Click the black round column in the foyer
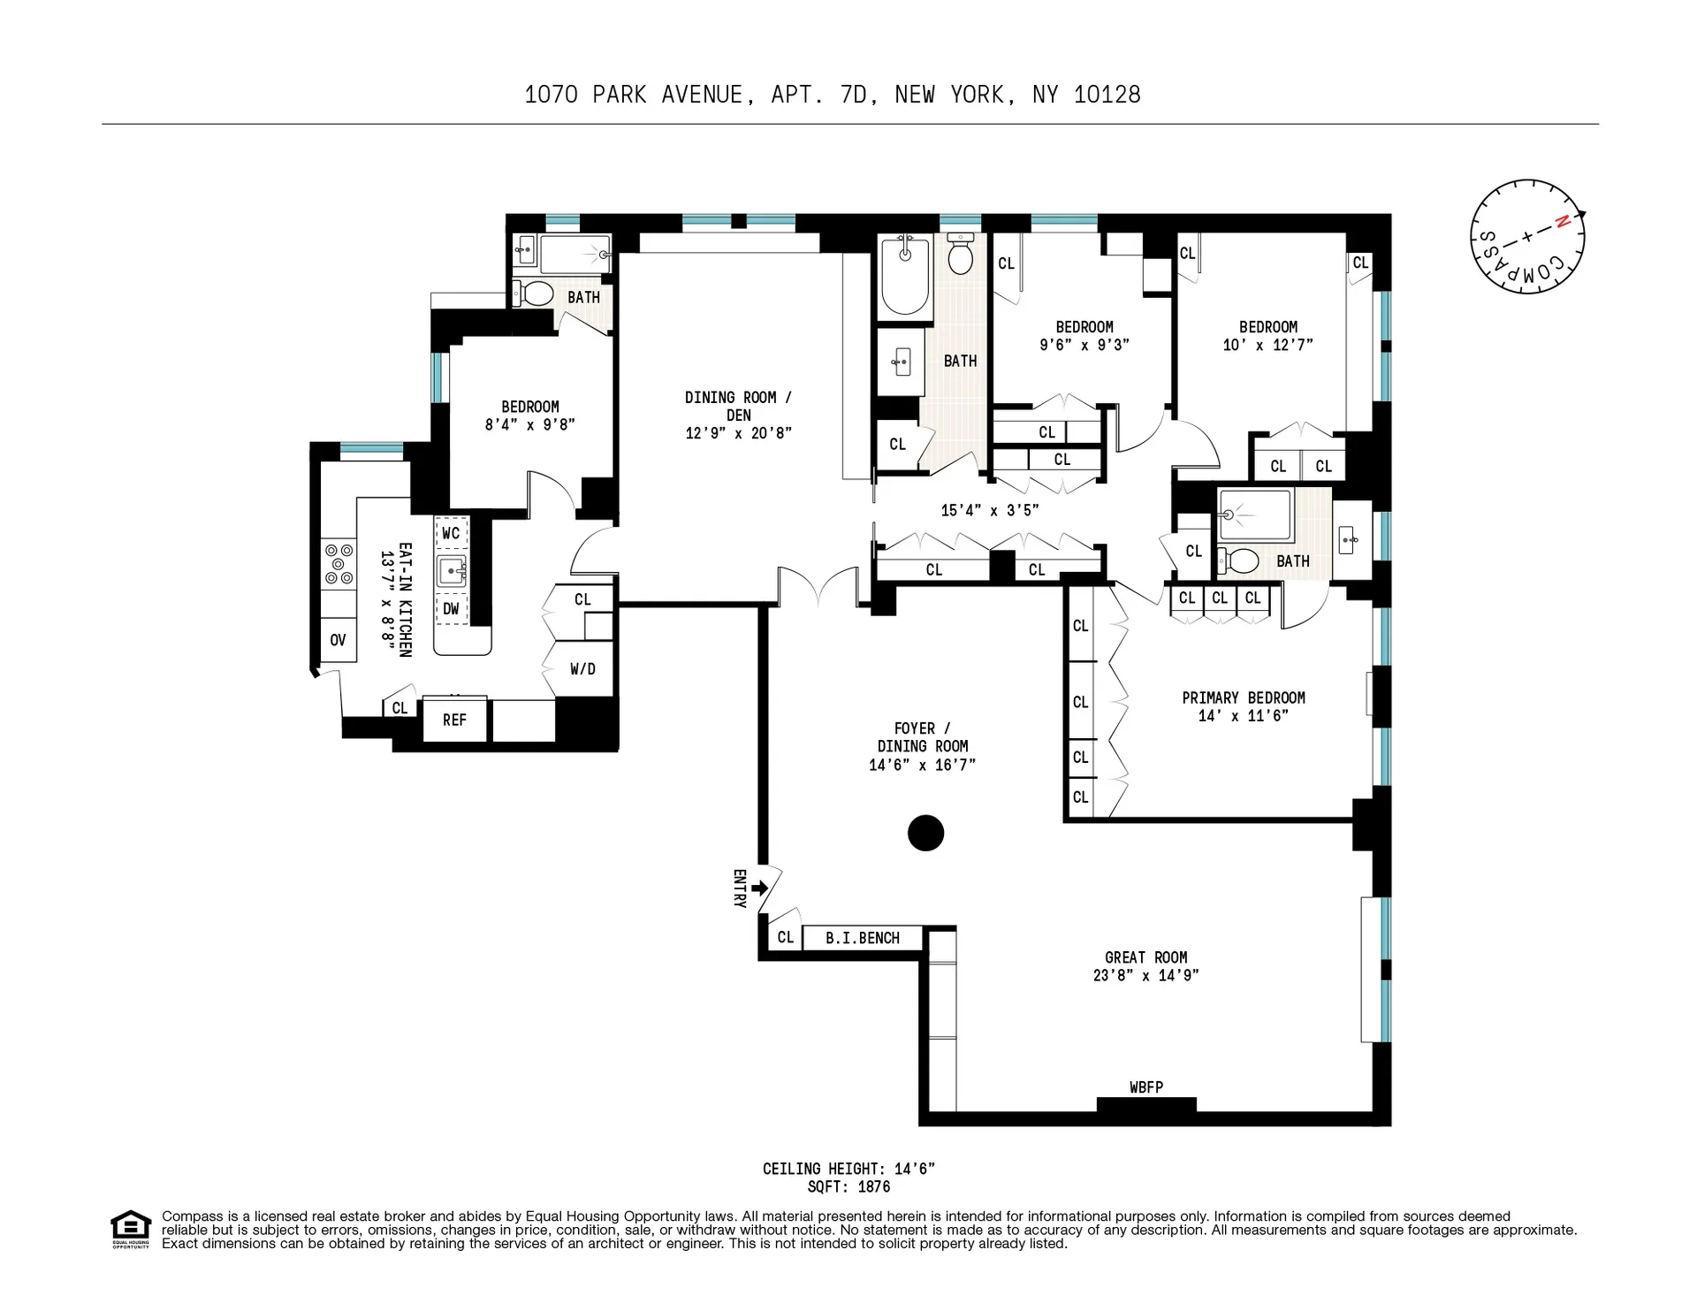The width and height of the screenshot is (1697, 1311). pos(925,833)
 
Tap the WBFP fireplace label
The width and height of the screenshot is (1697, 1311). pos(1145,1087)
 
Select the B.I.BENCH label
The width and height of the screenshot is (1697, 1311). pos(863,938)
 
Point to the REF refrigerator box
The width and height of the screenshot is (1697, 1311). pos(454,720)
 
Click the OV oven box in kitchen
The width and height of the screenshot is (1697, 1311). pos(338,640)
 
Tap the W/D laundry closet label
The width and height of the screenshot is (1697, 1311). pos(582,669)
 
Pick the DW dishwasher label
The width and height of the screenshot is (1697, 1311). pos(451,608)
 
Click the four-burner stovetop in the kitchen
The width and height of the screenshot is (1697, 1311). pos(339,564)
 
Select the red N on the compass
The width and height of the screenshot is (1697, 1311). pos(1562,222)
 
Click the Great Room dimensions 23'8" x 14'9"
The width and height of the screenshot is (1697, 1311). pos(1145,976)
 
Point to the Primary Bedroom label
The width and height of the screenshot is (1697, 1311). pos(1243,697)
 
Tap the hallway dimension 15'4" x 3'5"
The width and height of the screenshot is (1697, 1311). pos(989,510)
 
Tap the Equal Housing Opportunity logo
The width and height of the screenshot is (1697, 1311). pos(131,1229)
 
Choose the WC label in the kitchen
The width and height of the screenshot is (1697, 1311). pos(451,533)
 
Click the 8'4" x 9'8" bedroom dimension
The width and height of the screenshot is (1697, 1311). pos(529,424)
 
